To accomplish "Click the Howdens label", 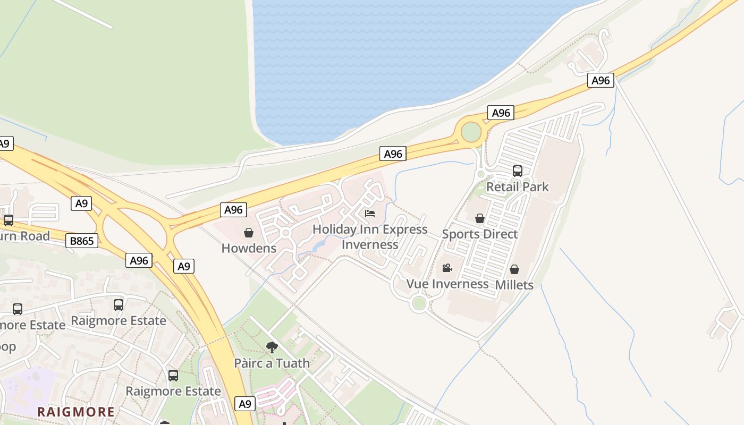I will point(249,248).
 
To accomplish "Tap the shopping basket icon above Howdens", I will point(248,233).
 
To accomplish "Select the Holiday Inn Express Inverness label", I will point(370,237).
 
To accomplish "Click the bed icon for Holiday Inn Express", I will point(370,214).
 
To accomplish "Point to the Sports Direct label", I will point(479,234).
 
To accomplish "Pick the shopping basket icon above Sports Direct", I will point(479,218).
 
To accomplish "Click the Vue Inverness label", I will point(447,284).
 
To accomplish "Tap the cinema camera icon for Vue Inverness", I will point(447,268).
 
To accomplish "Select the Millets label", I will point(514,285).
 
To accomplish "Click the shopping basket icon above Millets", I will point(514,269).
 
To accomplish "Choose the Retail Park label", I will point(517,187).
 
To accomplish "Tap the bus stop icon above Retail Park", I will point(517,171).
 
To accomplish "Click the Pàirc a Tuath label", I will point(272,363).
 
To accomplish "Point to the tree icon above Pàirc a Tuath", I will point(272,348).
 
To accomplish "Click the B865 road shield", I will point(82,241).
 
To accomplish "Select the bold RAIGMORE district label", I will point(76,412).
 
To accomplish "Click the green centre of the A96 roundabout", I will point(471,132).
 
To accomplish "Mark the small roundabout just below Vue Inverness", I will point(419,303).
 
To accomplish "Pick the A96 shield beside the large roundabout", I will point(501,113).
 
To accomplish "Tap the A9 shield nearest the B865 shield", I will point(81,203).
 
